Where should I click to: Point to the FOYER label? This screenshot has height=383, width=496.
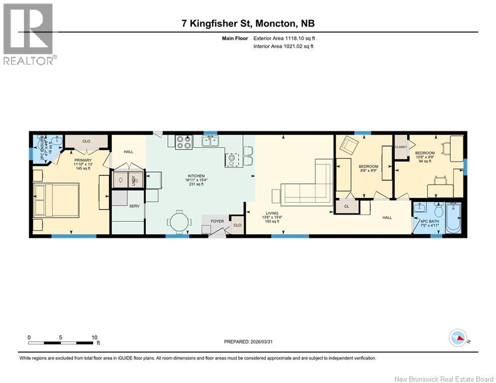(x=217, y=221)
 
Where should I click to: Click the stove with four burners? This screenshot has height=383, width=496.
(x=184, y=142)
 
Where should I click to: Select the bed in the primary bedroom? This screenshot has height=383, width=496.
(x=56, y=200)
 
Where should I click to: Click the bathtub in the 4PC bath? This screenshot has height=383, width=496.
(x=454, y=218)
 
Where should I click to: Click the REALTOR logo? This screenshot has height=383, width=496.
(x=28, y=33)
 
